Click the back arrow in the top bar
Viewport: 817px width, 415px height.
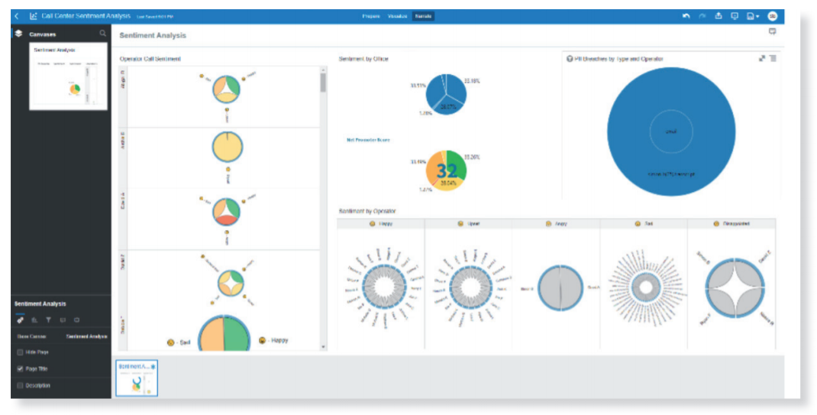point(17,16)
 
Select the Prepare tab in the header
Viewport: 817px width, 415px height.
point(371,16)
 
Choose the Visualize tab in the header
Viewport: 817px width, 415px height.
point(397,16)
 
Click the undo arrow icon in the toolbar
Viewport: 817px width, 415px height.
point(686,16)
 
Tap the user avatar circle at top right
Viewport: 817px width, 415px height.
point(772,16)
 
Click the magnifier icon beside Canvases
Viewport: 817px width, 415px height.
point(103,34)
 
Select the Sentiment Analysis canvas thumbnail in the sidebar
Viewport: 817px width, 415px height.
point(68,76)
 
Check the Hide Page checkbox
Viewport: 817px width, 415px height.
point(21,352)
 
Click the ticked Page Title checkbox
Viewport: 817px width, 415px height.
point(21,368)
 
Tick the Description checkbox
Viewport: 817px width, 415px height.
point(21,385)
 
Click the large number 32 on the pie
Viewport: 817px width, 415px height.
point(446,170)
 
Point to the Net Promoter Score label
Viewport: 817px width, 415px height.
point(368,140)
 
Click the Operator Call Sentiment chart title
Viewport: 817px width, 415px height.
point(150,59)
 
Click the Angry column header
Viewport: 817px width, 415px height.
point(555,224)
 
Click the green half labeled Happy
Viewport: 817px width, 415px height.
point(239,336)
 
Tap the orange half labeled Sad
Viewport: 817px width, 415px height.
point(212,336)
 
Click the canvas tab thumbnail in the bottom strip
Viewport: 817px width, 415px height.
point(137,378)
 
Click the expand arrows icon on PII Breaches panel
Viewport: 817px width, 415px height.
point(761,59)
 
